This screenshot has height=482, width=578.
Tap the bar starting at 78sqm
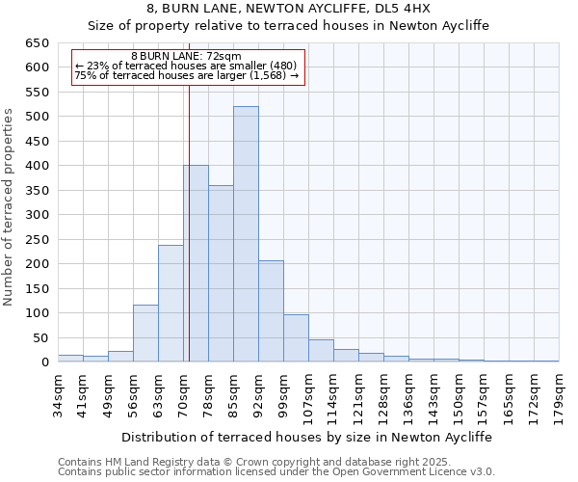click(x=221, y=274)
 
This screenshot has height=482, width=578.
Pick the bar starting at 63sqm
click(x=171, y=304)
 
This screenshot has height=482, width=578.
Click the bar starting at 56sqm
click(x=145, y=334)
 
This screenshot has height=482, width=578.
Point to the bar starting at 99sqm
click(x=296, y=338)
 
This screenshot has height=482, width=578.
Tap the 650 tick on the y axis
click(x=38, y=43)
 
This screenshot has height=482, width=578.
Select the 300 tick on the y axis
click(x=38, y=215)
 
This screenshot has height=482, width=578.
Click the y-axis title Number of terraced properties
click(x=10, y=206)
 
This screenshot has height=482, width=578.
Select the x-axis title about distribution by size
click(x=307, y=437)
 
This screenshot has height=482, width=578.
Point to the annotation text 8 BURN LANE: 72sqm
click(x=187, y=57)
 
